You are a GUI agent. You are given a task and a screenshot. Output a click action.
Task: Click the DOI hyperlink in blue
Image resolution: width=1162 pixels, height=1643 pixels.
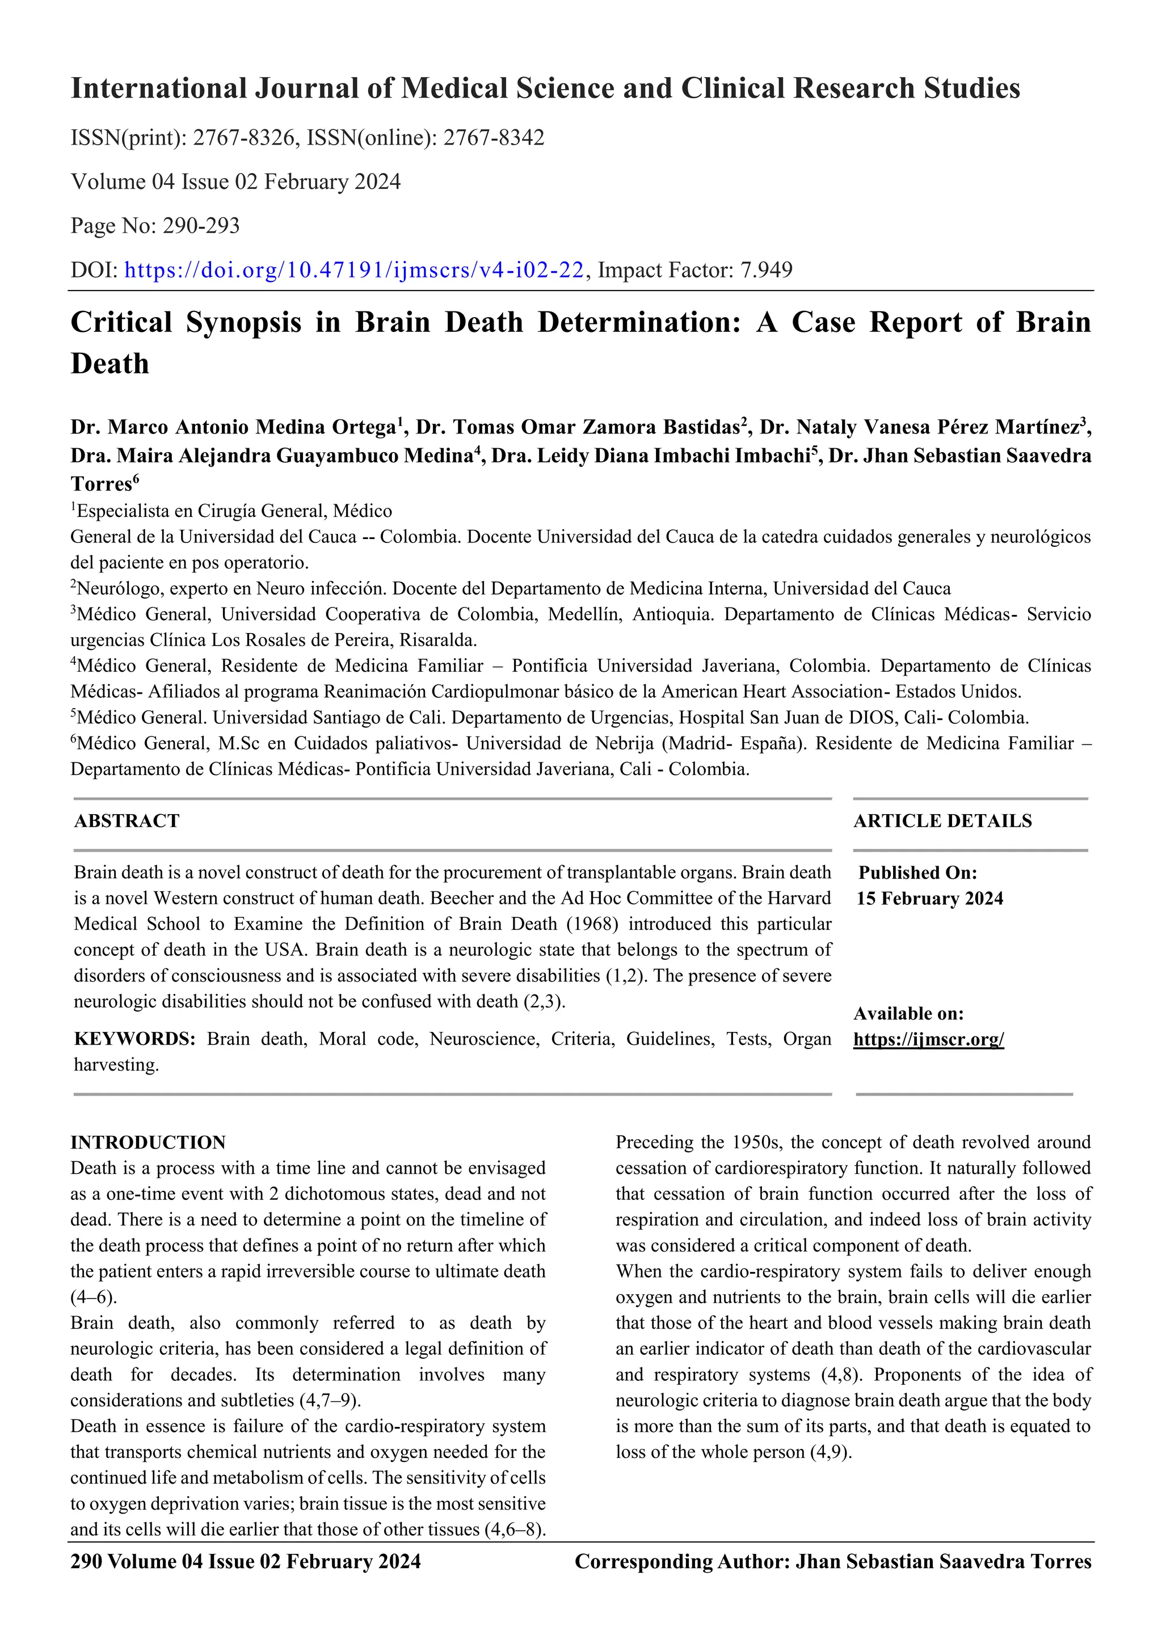click(354, 270)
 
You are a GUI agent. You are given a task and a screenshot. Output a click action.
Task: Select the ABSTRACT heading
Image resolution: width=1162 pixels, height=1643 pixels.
click(127, 821)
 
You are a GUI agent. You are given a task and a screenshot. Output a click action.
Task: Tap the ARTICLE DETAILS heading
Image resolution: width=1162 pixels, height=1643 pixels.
click(942, 821)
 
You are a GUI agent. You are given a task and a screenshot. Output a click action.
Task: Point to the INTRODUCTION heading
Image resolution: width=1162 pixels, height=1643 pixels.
click(148, 1142)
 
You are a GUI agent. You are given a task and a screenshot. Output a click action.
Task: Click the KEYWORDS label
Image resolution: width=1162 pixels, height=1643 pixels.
click(134, 1039)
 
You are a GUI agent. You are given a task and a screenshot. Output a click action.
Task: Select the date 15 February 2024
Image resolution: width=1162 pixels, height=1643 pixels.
click(929, 899)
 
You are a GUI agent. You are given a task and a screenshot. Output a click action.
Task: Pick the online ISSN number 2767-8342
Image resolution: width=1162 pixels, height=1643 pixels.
click(494, 137)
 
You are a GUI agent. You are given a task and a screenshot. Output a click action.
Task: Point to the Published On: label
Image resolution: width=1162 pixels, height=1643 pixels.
click(917, 873)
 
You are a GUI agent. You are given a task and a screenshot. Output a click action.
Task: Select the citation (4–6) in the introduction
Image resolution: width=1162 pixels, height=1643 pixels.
click(93, 1297)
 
